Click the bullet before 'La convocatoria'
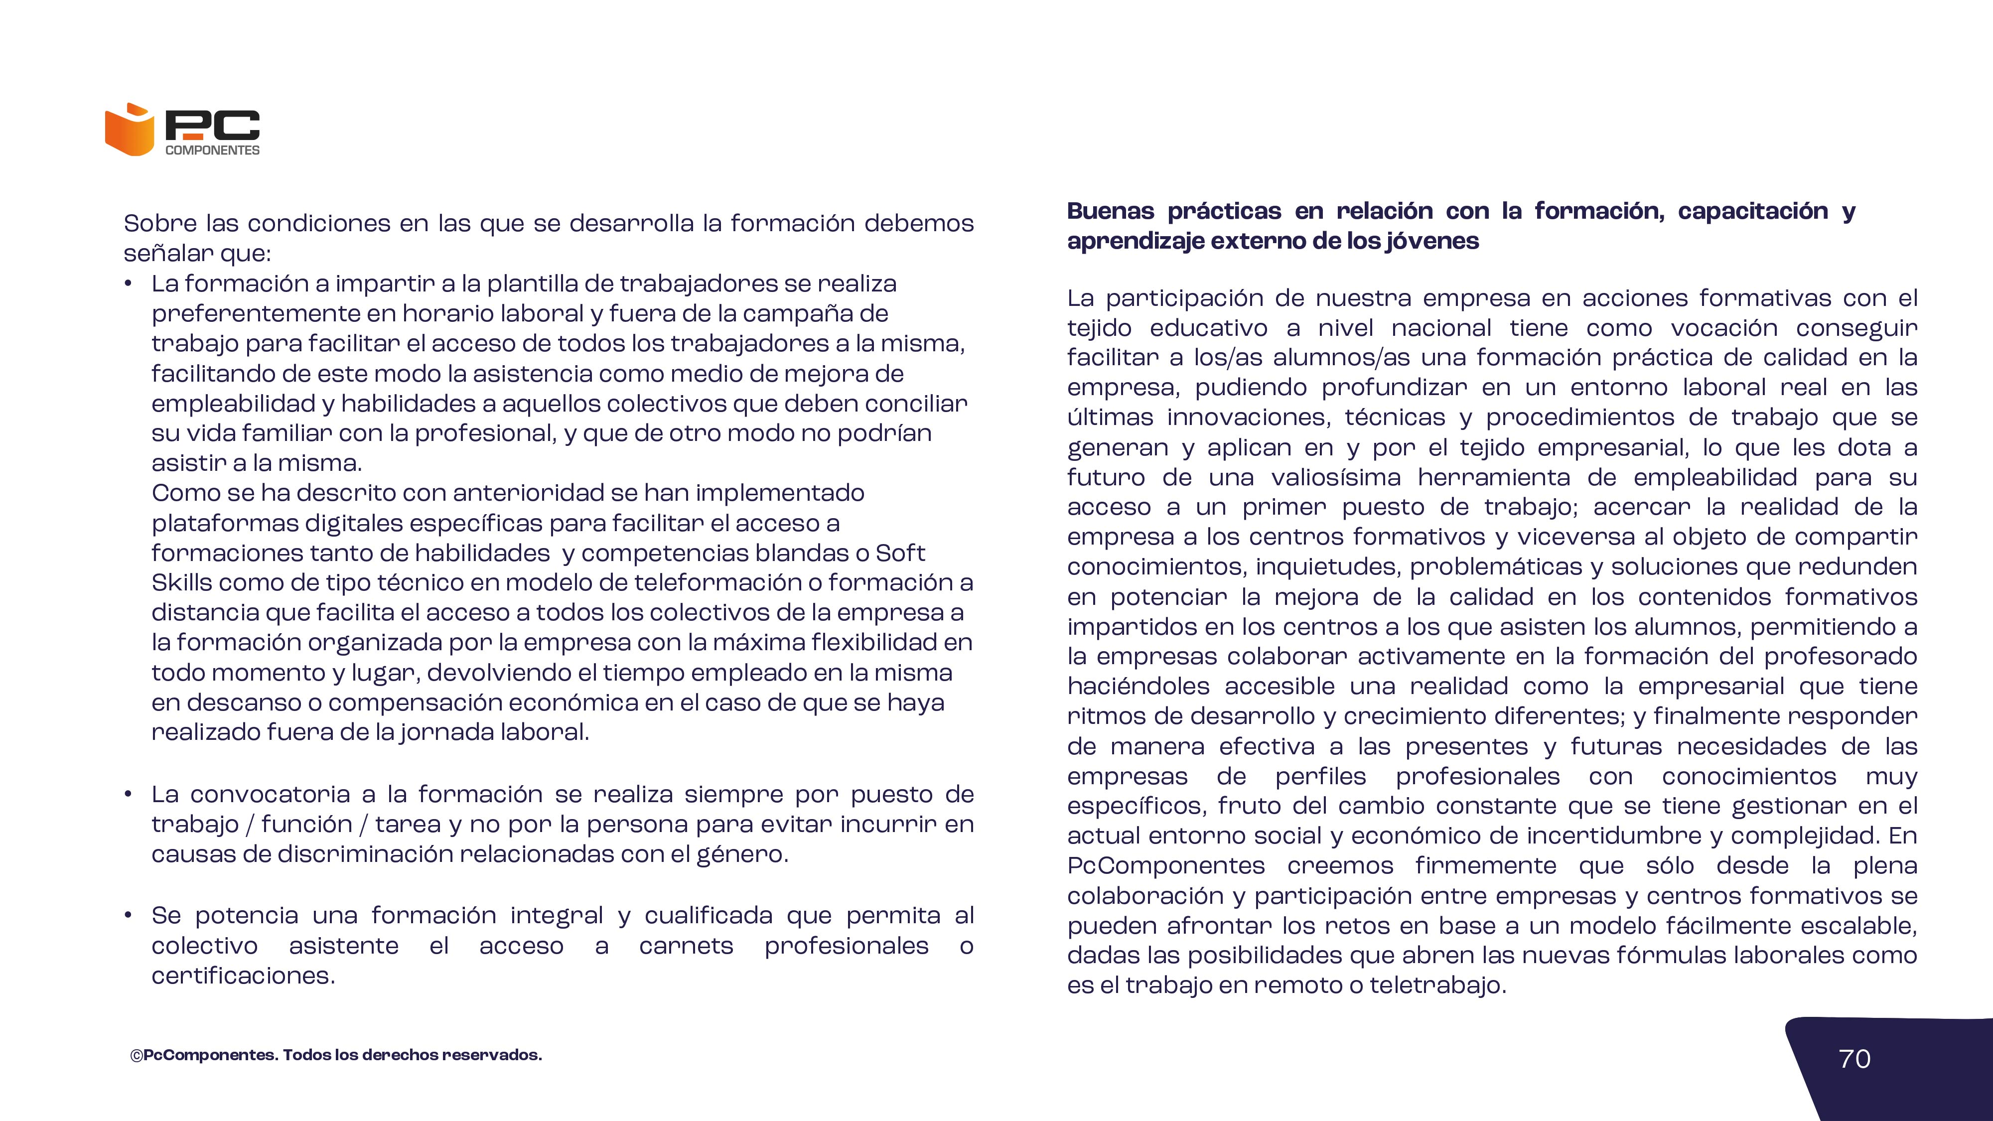point(129,795)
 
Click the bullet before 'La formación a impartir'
point(129,284)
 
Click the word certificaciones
point(242,977)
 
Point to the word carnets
point(686,946)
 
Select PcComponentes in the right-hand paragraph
point(1165,866)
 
